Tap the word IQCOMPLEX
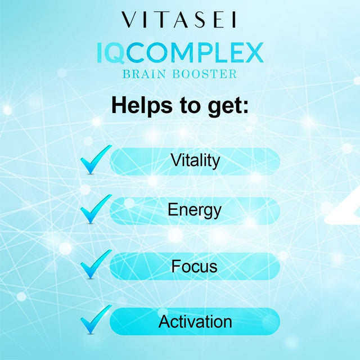tap(179, 53)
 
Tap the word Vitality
tap(195, 161)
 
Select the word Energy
tap(195, 210)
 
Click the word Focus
tap(195, 265)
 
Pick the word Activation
tap(195, 322)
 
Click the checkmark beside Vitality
tap(94, 160)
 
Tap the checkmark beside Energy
tap(94, 209)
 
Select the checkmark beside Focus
tap(94, 264)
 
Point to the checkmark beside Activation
tap(94, 319)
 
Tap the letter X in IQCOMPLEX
tap(253, 53)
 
